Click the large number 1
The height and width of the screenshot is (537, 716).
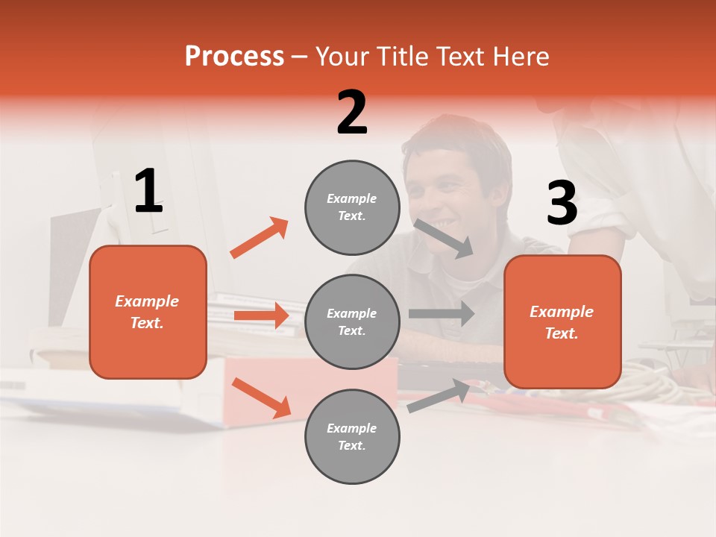click(x=148, y=192)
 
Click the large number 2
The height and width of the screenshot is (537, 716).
click(x=352, y=113)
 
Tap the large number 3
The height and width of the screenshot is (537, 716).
click(x=562, y=204)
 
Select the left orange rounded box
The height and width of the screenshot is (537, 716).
click(x=148, y=312)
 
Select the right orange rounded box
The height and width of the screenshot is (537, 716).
click(x=562, y=322)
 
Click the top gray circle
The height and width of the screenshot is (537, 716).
click(x=352, y=207)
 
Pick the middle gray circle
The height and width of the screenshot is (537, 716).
click(x=352, y=322)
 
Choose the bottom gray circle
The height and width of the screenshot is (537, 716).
click(x=352, y=437)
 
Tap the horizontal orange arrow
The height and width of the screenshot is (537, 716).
click(x=261, y=315)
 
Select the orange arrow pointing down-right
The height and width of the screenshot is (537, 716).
click(x=261, y=398)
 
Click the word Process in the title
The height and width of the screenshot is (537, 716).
click(x=234, y=56)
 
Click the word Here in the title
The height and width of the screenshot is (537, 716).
click(x=520, y=56)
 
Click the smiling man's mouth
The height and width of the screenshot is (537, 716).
click(x=446, y=222)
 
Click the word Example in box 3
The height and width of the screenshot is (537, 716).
click(x=562, y=312)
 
